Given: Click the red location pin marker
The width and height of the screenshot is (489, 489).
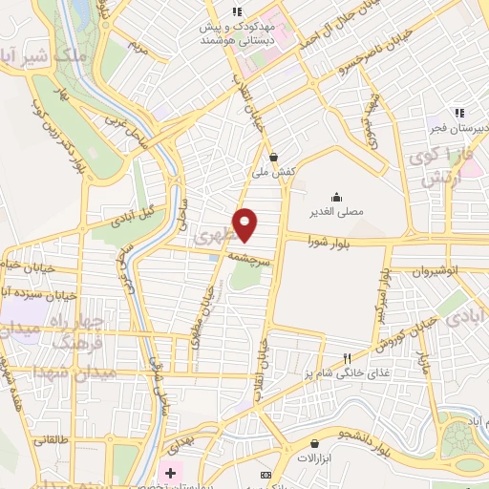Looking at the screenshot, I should coord(246,225).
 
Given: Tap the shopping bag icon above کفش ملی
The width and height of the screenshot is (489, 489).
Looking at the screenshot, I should coord(274,157).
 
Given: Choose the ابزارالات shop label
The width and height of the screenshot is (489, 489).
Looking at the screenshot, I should coord(314,458).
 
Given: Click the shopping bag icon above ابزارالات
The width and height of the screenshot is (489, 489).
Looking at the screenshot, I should coord(314,444).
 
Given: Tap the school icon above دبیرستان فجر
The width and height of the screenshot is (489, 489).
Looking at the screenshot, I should coord(459,111).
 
